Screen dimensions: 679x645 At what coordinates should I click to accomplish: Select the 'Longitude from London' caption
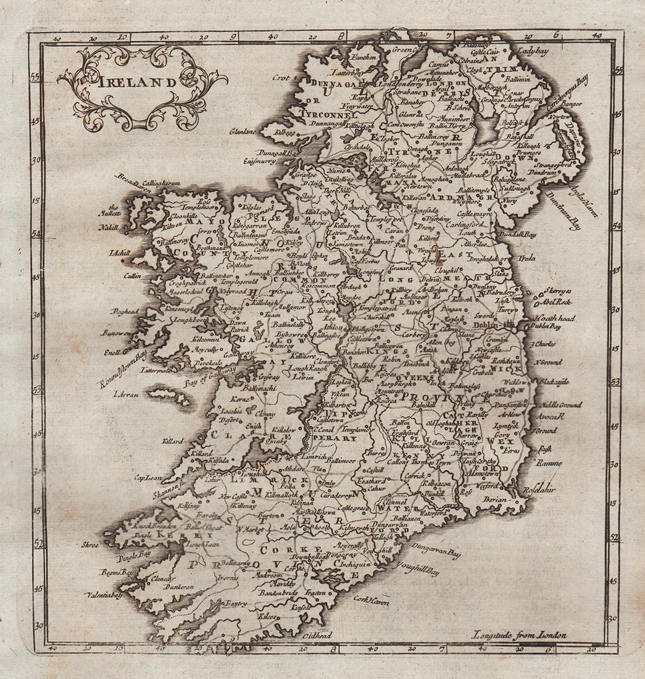point(519,634)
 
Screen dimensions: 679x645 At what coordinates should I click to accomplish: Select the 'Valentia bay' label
point(103,595)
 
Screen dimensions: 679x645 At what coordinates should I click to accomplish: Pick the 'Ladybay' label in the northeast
point(533,52)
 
